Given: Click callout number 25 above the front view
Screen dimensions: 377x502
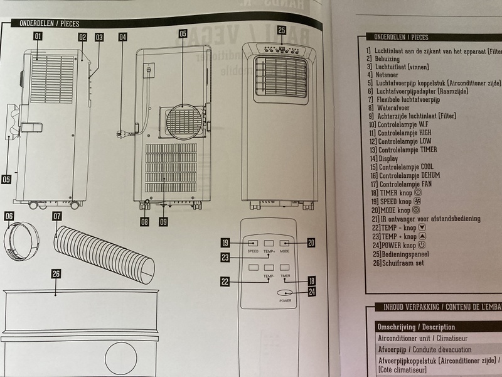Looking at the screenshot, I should pos(282,30).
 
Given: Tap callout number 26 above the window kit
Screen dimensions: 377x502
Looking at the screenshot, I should pos(56,273).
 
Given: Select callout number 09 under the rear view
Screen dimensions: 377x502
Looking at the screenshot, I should pos(164,221).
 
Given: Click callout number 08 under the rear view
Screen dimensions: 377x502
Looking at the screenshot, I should pos(144,221).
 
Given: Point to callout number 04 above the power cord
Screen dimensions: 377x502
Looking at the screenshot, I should pos(122,37).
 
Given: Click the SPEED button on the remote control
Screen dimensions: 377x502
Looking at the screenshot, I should pos(253,243).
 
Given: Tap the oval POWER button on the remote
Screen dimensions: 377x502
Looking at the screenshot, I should pos(286,293).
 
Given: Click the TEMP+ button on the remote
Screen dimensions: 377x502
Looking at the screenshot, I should pos(270,243).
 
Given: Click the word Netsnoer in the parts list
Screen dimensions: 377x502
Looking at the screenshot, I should pos(390,74).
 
